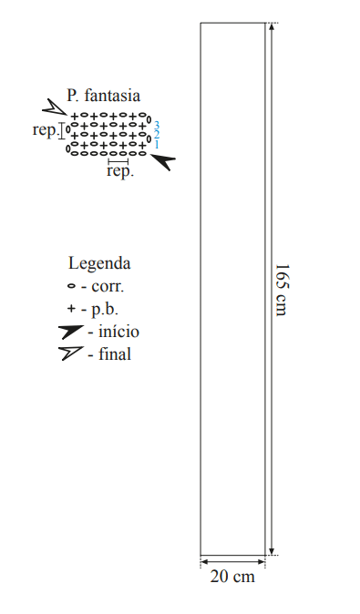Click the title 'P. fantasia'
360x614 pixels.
click(x=103, y=96)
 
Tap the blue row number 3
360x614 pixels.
click(x=156, y=126)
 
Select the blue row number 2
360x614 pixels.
click(x=156, y=135)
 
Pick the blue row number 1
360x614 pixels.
click(x=157, y=145)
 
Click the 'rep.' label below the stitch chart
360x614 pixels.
click(x=120, y=171)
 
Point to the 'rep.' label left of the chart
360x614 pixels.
click(x=45, y=130)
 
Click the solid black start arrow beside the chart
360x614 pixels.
click(x=163, y=160)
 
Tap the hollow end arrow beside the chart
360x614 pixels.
click(x=55, y=107)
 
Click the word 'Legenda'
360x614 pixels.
click(x=99, y=263)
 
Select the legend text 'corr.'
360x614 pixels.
click(x=108, y=286)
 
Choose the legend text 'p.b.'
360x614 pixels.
click(x=105, y=310)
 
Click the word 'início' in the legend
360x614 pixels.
click(x=118, y=332)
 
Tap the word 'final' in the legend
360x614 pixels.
click(x=115, y=354)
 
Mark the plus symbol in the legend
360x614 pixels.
click(x=71, y=309)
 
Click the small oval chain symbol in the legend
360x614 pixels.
click(x=71, y=286)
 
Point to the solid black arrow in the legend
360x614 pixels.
click(x=70, y=332)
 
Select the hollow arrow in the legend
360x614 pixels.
click(x=70, y=353)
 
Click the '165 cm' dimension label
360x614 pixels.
click(x=283, y=290)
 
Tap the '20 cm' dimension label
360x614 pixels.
click(x=232, y=577)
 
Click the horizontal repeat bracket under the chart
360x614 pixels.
click(x=118, y=161)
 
